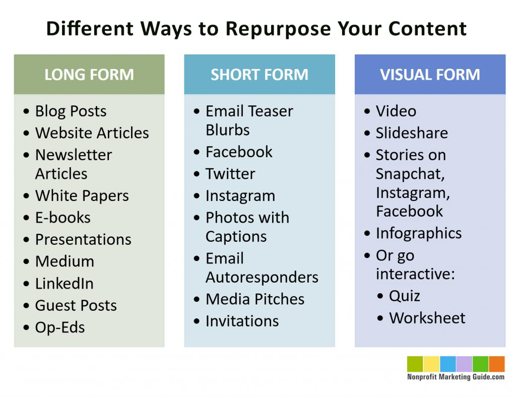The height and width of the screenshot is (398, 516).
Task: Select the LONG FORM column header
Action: tap(89, 75)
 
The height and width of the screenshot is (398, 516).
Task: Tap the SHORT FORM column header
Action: tap(259, 75)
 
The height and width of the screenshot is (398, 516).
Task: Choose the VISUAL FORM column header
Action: tap(430, 75)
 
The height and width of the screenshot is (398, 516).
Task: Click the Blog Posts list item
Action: tap(71, 111)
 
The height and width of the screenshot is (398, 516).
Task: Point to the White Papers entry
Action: tap(82, 195)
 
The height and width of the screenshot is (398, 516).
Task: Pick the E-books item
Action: tap(62, 218)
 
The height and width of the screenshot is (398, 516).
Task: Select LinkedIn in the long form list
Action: tap(64, 284)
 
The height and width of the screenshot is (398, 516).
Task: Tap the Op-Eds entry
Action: tap(59, 327)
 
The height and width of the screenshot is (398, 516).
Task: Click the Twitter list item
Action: tap(230, 174)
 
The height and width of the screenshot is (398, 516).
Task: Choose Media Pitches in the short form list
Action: tap(255, 299)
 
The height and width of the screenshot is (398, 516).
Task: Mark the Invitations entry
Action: tap(242, 321)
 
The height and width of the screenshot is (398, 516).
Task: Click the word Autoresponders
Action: tap(262, 278)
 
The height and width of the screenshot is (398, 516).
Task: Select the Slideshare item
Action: tap(412, 133)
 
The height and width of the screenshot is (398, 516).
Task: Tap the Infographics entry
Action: tap(418, 233)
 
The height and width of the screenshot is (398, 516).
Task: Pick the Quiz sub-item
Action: tap(404, 296)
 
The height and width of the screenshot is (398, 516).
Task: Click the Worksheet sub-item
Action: tap(427, 318)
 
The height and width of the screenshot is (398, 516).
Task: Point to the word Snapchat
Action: tap(410, 174)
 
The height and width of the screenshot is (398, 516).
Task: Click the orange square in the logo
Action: tap(496, 364)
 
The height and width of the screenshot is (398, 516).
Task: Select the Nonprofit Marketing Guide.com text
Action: tap(456, 377)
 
